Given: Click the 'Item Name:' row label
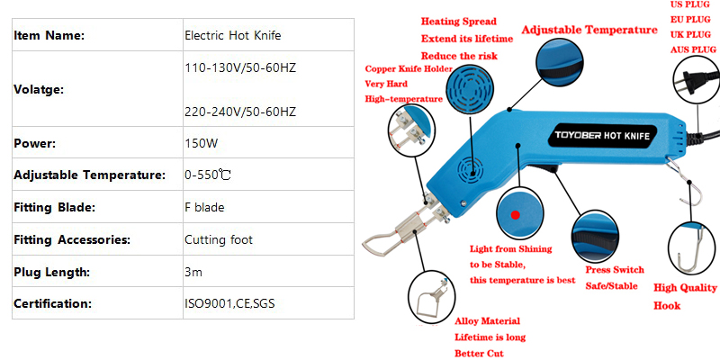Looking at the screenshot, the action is coord(49,36).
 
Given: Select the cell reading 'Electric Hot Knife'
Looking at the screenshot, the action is coord(232,35).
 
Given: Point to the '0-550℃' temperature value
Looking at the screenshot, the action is coord(208,175).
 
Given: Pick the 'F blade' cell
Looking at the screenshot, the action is coord(204,207).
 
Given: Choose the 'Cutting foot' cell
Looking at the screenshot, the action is coord(219,239).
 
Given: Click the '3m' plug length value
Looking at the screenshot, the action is coord(193,272).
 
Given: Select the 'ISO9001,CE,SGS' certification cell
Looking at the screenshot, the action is coord(229,303).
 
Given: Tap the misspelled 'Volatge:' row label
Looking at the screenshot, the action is coord(40,89).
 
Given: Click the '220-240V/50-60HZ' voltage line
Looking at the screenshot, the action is coord(240,112).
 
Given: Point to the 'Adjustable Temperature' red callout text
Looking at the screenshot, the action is coord(589,31).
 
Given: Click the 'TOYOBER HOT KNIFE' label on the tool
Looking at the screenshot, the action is coord(602,136).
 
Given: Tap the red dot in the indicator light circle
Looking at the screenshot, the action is coord(515,214).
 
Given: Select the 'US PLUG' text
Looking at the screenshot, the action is coord(690,5).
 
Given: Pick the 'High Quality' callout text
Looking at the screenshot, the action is coord(685,288).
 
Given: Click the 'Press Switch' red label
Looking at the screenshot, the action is coord(615,269).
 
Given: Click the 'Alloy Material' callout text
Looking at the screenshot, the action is coord(487,321).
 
